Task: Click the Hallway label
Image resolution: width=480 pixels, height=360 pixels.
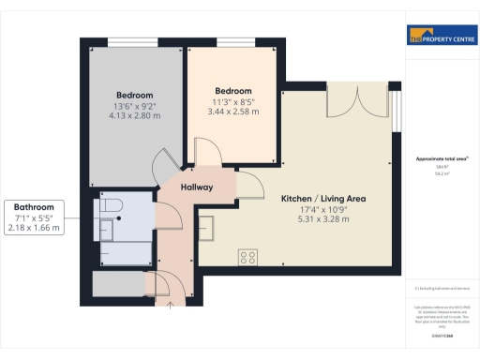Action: pyautogui.click(x=197, y=187)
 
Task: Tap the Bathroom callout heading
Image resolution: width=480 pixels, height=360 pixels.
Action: pyautogui.click(x=34, y=207)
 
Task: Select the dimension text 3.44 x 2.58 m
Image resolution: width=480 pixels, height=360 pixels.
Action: pyautogui.click(x=232, y=112)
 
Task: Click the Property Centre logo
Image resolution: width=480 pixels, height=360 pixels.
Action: pyautogui.click(x=439, y=37)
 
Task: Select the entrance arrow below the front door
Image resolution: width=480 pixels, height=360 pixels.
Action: pyautogui.click(x=170, y=302)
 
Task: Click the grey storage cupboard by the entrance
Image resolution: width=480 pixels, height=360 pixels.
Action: pyautogui.click(x=118, y=284)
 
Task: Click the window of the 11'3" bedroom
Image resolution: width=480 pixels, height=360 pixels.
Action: pyautogui.click(x=232, y=43)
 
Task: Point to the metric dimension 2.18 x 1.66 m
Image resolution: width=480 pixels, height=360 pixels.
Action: pyautogui.click(x=34, y=228)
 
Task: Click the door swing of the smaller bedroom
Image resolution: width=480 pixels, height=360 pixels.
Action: pyautogui.click(x=201, y=150)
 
